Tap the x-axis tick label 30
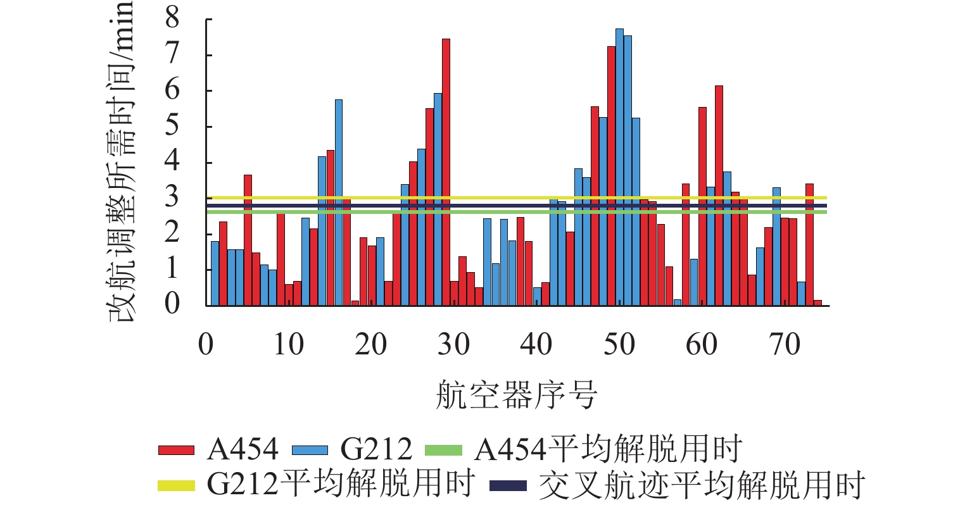pyautogui.click(x=454, y=346)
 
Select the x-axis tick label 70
pyautogui.click(x=785, y=346)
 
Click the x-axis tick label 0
pyautogui.click(x=206, y=346)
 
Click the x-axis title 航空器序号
pyautogui.click(x=516, y=396)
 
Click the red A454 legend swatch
pyautogui.click(x=176, y=450)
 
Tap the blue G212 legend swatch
pyautogui.click(x=310, y=450)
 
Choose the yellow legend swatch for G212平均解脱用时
pyautogui.click(x=176, y=485)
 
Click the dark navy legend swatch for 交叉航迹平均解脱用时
pyautogui.click(x=508, y=485)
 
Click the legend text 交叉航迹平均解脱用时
pyautogui.click(x=701, y=485)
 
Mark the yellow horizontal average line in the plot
pyautogui.click(x=507, y=198)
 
